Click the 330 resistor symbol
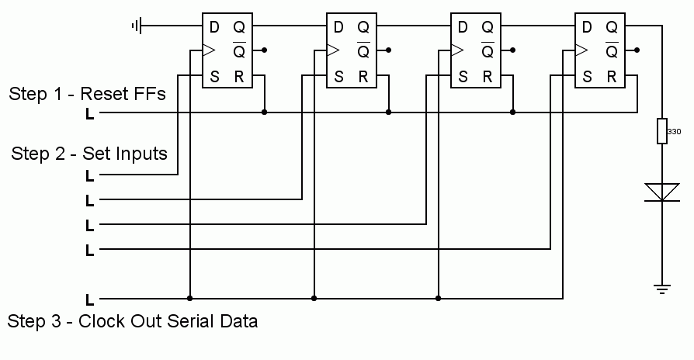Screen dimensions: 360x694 tap(662, 132)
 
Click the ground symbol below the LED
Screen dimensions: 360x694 tap(662, 289)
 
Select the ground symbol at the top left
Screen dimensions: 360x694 tap(137, 26)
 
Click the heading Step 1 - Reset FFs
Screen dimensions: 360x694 tap(87, 95)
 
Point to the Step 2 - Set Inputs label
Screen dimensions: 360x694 tap(89, 154)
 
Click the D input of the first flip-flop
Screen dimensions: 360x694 tap(214, 27)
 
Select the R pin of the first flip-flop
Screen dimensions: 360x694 tap(239, 77)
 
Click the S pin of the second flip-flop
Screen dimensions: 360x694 tap(338, 77)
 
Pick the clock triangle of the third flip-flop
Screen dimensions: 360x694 tap(457, 50)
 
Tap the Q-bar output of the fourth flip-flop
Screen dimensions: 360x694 tap(612, 52)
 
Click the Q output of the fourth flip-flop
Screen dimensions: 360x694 tap(612, 27)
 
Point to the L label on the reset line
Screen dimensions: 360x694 tap(90, 114)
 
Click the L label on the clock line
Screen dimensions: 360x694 tap(90, 299)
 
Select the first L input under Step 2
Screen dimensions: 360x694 tap(90, 176)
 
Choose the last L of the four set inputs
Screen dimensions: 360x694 tap(90, 251)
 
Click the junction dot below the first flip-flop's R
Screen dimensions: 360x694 tap(265, 112)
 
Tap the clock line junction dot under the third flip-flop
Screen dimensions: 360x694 tap(439, 298)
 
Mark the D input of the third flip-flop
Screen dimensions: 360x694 tap(463, 27)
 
